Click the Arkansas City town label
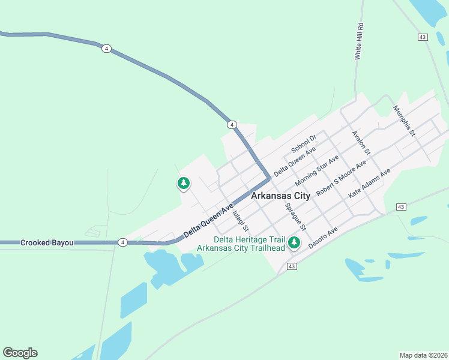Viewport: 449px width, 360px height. (x=281, y=196)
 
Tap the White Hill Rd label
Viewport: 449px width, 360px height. (x=360, y=41)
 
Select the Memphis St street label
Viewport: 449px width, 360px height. (x=404, y=120)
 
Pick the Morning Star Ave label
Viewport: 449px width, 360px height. (x=317, y=171)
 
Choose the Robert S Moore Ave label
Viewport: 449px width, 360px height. (x=341, y=178)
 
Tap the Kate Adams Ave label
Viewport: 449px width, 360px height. (x=369, y=184)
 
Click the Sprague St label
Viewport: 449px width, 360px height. (x=296, y=217)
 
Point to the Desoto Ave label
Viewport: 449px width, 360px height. (x=323, y=238)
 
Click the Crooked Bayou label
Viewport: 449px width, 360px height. (x=47, y=242)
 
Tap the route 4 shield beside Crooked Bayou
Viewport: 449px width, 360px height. (x=122, y=242)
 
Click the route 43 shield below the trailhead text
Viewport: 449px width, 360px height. (x=292, y=266)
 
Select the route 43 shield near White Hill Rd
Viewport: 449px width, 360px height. (x=423, y=37)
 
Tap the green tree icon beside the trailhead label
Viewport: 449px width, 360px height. (x=294, y=243)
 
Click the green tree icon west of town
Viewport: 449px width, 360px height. (x=184, y=183)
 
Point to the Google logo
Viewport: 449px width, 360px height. (x=20, y=353)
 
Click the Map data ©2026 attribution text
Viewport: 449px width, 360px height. (x=423, y=355)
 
